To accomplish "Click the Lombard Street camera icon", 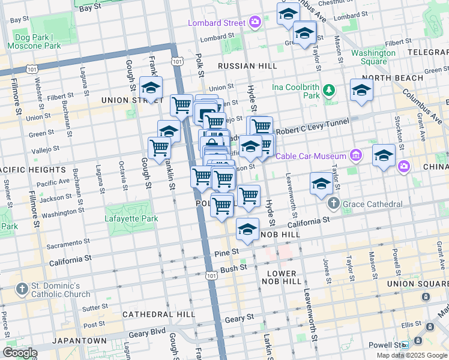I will pyautogui.click(x=256, y=23).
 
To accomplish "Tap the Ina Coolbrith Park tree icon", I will pyautogui.click(x=328, y=91).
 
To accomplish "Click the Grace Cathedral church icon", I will pyautogui.click(x=335, y=204).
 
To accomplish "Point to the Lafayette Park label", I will pyautogui.click(x=131, y=218).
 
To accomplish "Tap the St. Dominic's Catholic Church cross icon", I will pyautogui.click(x=22, y=289).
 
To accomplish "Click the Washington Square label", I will pyautogui.click(x=373, y=57).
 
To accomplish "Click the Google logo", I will pyautogui.click(x=20, y=353).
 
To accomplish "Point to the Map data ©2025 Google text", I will pyautogui.click(x=411, y=355).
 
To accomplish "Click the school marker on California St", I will pyautogui.click(x=247, y=229).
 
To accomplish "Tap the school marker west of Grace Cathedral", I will pyautogui.click(x=322, y=184).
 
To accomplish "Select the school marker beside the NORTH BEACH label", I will pyautogui.click(x=361, y=90).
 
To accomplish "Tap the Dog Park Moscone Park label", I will pyautogui.click(x=34, y=41).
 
